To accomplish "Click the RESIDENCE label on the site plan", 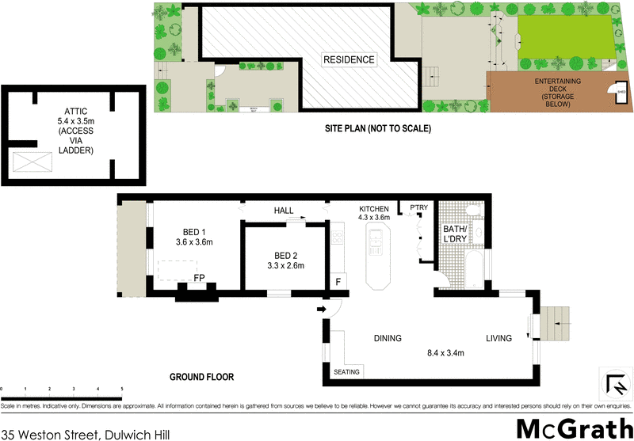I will coord(349,59).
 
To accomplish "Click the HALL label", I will coord(284,211).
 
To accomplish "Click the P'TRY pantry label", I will coord(418,208).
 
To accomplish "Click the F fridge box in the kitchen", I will coord(338,282).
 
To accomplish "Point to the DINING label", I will coord(388,338).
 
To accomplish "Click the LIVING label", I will coord(498,338).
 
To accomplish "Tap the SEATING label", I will coord(347,372).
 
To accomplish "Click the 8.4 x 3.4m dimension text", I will coord(445,353).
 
